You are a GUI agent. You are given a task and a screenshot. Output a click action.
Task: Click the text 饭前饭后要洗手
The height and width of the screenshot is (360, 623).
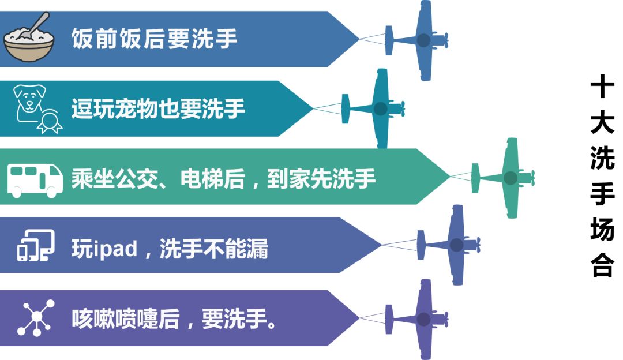[x=154, y=39]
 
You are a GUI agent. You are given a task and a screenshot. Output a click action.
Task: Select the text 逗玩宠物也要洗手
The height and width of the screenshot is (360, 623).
[x=158, y=108]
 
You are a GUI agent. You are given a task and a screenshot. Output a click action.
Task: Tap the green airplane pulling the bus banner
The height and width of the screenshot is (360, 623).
[x=508, y=178]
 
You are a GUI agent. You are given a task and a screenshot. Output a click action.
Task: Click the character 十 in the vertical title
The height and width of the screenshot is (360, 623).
[x=603, y=88]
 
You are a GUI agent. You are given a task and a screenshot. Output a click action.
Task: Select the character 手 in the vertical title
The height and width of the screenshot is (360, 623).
[x=603, y=194]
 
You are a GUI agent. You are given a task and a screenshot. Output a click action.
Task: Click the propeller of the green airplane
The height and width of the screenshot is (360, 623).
[x=532, y=178]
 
